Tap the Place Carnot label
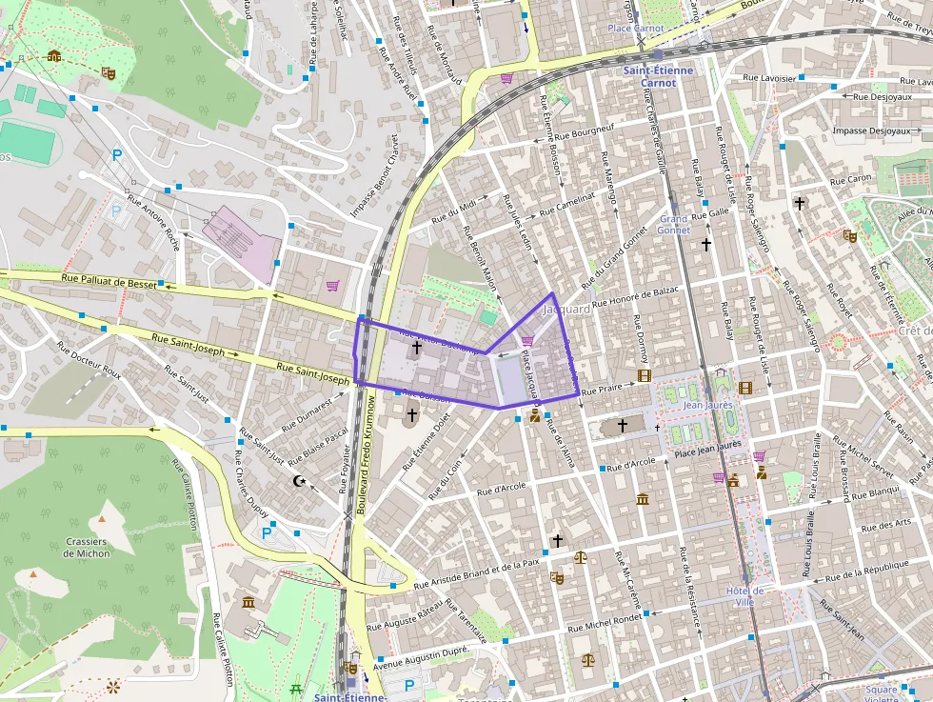pyautogui.click(x=636, y=29)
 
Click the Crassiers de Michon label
pyautogui.click(x=88, y=547)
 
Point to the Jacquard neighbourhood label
pyautogui.click(x=567, y=310)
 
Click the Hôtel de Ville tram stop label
pyautogui.click(x=744, y=596)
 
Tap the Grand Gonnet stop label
pyautogui.click(x=674, y=224)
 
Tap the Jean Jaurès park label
pyautogui.click(x=706, y=405)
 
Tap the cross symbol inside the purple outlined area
pyautogui.click(x=416, y=350)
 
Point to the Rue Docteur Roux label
pyautogui.click(x=89, y=357)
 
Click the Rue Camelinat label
pyautogui.click(x=567, y=202)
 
